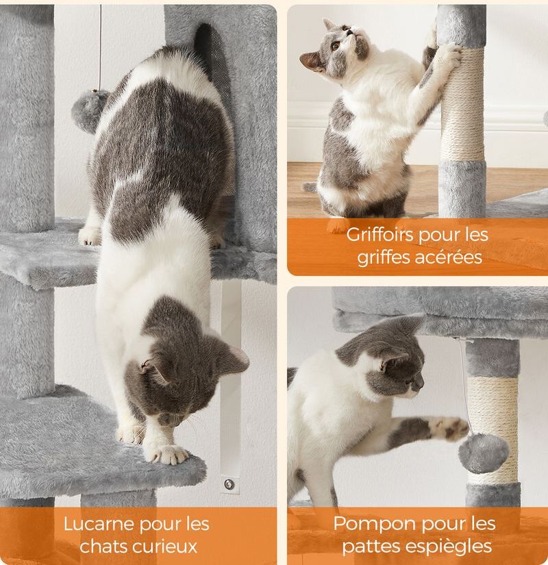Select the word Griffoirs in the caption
[x=380, y=236]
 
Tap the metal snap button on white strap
[x=229, y=484]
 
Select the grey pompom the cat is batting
[x=484, y=453]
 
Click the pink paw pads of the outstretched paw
[x=451, y=428]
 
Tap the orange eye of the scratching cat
[x=336, y=46]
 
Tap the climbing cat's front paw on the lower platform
[x=169, y=453]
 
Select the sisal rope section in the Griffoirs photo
[x=462, y=105]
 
